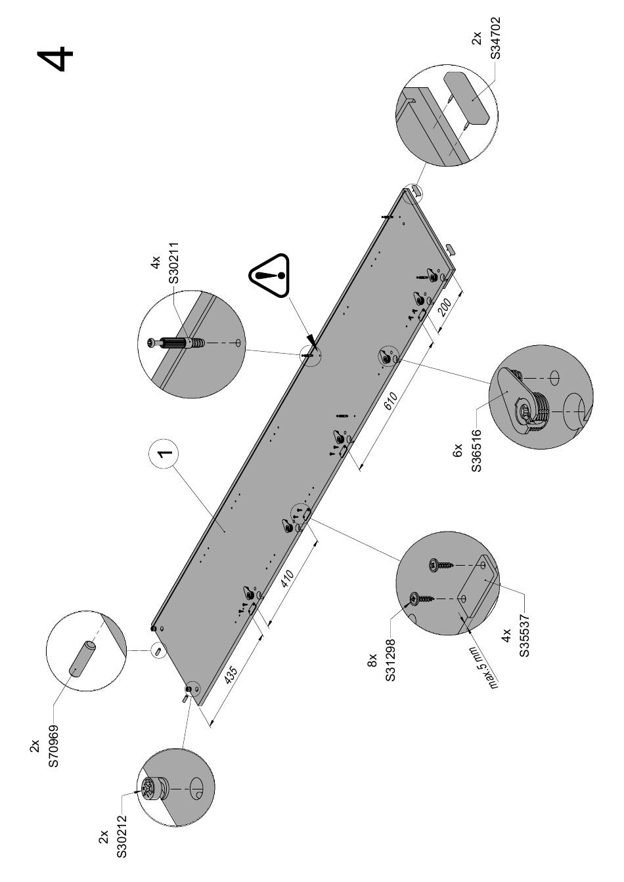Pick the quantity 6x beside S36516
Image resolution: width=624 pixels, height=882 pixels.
click(x=458, y=453)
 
